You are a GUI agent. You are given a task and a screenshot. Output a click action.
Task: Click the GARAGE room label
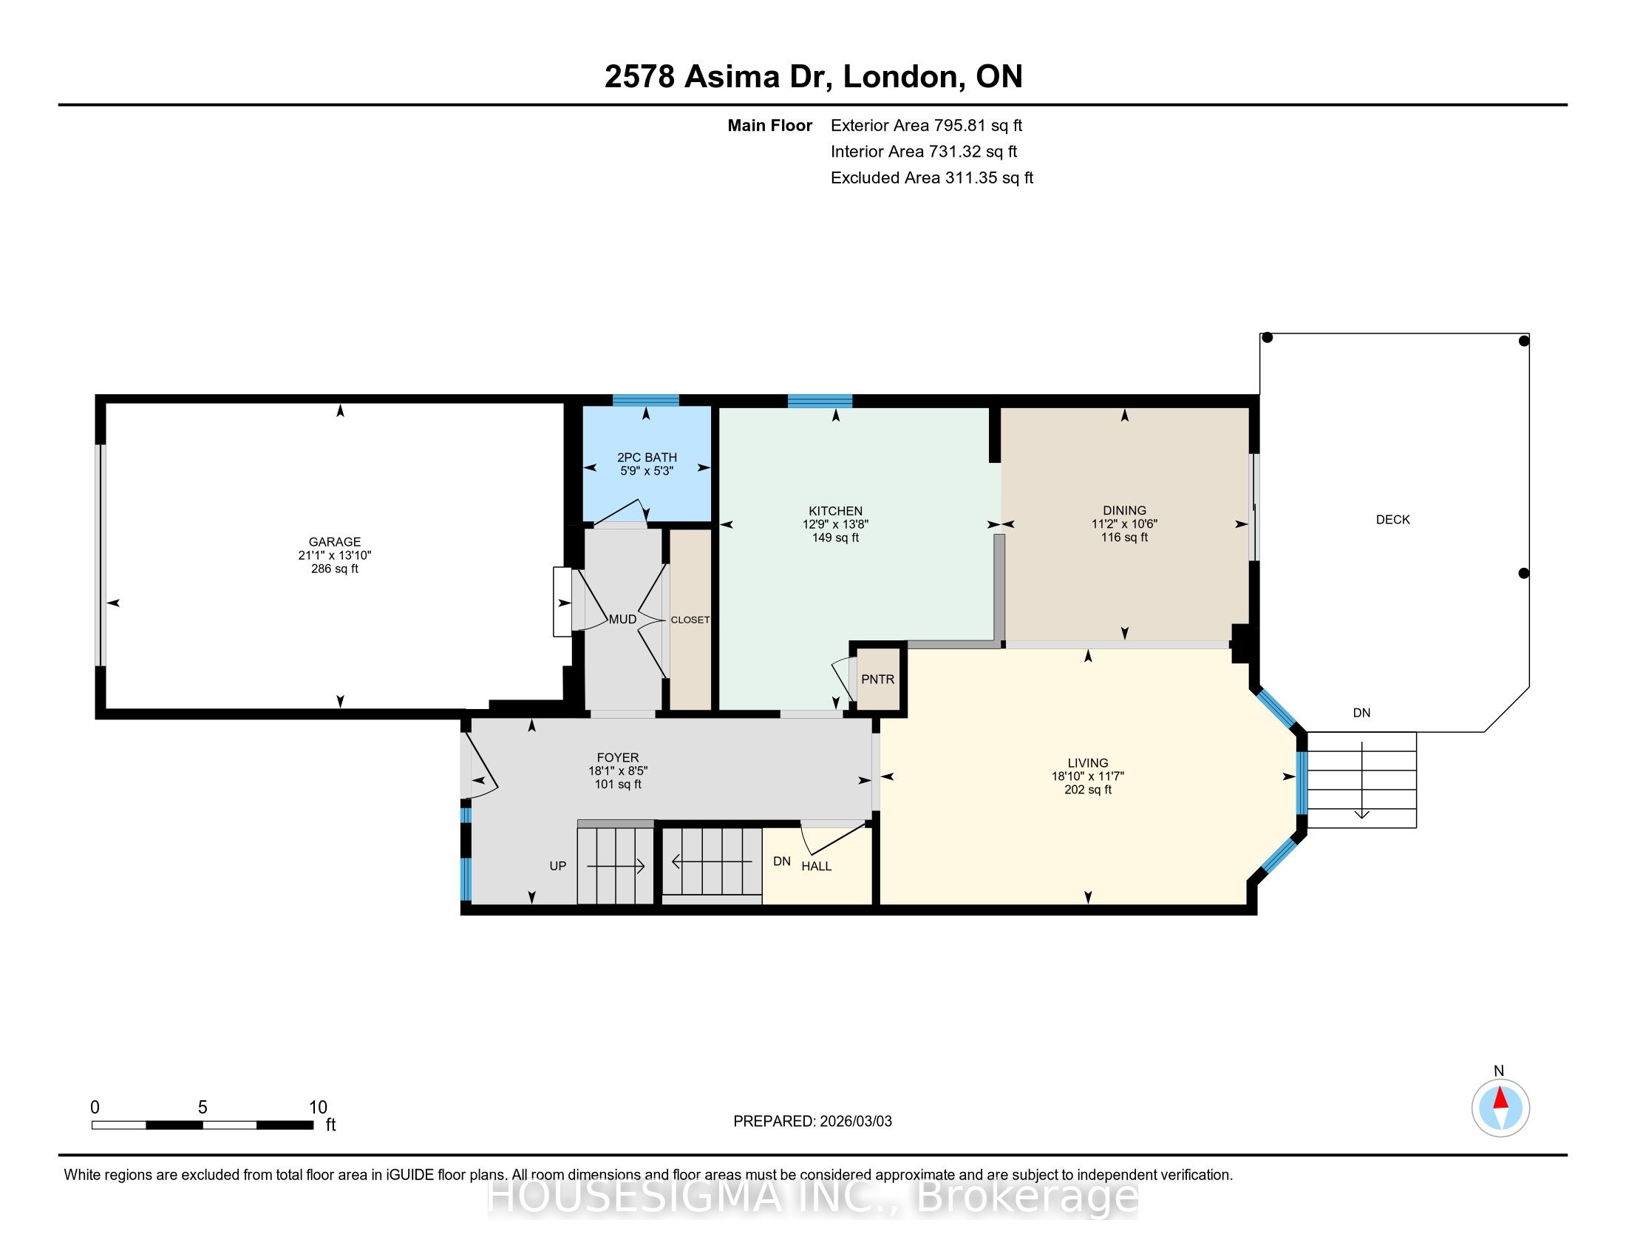point(335,542)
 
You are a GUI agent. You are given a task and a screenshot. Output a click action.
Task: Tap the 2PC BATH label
point(647,457)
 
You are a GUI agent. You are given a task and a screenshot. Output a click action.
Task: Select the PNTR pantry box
point(878,677)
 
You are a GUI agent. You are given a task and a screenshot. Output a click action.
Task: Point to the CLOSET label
point(690,620)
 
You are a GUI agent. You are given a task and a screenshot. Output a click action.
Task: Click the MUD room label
point(622,619)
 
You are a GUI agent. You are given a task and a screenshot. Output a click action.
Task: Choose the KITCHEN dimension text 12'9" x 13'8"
point(835,524)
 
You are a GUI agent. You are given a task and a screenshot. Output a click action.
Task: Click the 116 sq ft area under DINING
point(1124,537)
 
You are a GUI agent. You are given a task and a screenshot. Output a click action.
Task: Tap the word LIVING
point(1088,762)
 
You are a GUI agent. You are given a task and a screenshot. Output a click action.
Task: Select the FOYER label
point(617,757)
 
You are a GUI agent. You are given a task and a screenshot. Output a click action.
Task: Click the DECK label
point(1392,520)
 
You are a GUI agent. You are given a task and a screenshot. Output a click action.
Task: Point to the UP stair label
point(557,866)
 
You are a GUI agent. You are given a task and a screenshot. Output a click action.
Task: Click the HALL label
point(816,866)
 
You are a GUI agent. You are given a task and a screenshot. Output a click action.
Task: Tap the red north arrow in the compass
point(1500,1099)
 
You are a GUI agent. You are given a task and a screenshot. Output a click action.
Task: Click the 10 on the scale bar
point(318,1108)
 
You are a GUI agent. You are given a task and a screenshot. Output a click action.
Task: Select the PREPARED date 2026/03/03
point(855,1121)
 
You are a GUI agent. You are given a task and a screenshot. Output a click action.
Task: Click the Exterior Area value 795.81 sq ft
point(979,125)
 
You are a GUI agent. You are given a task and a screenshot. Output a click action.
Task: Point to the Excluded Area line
point(931,177)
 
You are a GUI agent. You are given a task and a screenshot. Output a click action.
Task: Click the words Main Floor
point(770,125)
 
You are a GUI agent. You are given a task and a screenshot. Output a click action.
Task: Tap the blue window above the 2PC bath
point(645,400)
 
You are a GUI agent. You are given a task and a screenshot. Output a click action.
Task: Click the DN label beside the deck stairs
point(1361,713)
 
